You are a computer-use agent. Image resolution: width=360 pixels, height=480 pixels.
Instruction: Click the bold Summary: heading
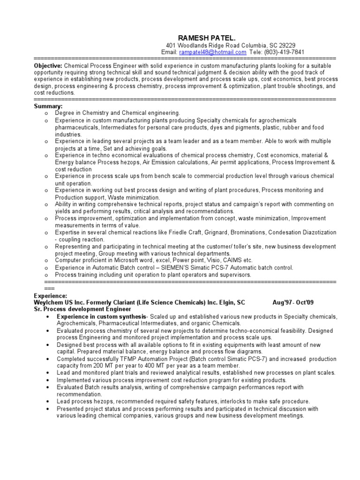[48, 106]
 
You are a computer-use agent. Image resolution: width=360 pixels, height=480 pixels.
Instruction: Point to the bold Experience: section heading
[51, 296]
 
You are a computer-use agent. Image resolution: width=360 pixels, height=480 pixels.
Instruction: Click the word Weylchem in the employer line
[48, 303]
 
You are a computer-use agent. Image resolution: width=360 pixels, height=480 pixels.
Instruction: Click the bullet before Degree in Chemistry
[45, 113]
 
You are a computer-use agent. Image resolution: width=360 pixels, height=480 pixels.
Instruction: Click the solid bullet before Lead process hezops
[50, 402]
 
